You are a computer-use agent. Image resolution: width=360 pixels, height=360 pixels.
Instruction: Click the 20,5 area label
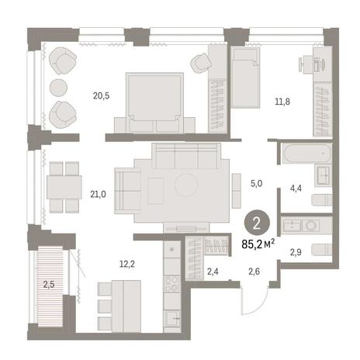click(x=101, y=96)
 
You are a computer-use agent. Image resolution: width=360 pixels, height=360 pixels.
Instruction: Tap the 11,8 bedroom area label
click(x=282, y=102)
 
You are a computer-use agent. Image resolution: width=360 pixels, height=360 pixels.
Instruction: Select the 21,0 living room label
click(x=98, y=194)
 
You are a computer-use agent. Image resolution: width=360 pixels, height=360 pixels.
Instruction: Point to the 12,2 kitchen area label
click(x=127, y=264)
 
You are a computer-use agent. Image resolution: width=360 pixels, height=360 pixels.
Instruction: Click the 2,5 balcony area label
click(x=49, y=285)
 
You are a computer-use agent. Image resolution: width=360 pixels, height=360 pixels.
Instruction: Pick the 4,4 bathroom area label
click(x=296, y=189)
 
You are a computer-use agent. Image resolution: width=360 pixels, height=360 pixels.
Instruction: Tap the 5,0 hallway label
click(x=256, y=184)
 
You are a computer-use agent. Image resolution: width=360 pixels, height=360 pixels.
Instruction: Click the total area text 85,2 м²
click(x=258, y=244)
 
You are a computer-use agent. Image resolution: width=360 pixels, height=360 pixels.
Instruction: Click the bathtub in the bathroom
click(x=306, y=154)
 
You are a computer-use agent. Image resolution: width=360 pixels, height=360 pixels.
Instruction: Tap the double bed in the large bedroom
click(x=154, y=102)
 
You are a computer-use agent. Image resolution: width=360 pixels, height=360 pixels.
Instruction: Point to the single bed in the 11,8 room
click(x=245, y=78)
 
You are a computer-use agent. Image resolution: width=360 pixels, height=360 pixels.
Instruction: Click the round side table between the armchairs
click(x=58, y=88)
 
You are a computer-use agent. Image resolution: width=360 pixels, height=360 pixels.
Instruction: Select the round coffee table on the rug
click(x=186, y=185)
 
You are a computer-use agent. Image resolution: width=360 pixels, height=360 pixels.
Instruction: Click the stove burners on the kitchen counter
click(x=172, y=284)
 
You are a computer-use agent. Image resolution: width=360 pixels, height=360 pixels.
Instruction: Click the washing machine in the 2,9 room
click(x=310, y=226)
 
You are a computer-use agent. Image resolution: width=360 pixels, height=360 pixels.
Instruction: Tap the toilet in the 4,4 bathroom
click(x=322, y=200)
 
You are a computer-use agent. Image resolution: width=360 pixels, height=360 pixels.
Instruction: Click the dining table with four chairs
click(x=64, y=187)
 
